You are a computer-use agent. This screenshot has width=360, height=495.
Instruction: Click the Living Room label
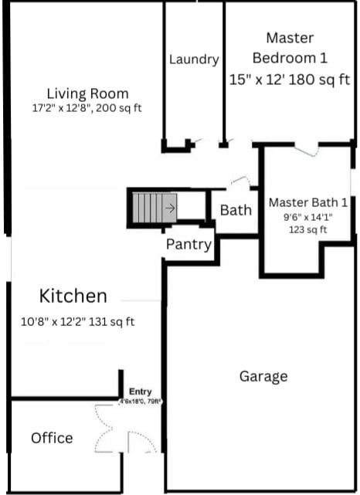pyautogui.click(x=87, y=93)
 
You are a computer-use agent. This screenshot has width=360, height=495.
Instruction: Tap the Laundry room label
pyautogui.click(x=194, y=59)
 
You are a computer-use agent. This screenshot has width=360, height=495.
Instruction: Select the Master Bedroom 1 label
pyautogui.click(x=290, y=47)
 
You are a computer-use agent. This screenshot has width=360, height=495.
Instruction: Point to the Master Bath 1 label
pyautogui.click(x=307, y=202)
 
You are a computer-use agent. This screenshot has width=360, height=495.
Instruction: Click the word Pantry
pyautogui.click(x=188, y=245)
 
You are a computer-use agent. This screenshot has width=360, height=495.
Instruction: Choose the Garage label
pyautogui.click(x=263, y=376)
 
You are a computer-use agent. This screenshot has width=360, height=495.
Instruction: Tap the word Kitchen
pyautogui.click(x=73, y=296)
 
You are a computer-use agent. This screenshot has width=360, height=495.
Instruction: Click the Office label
pyautogui.click(x=52, y=438)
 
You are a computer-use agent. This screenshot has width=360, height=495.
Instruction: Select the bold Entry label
pyautogui.click(x=141, y=392)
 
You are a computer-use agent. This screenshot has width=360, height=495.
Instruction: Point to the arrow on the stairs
pyautogui.click(x=170, y=207)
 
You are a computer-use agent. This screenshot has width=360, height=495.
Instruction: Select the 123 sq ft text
pyautogui.click(x=307, y=229)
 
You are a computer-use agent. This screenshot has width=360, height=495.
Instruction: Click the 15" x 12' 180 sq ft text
pyautogui.click(x=290, y=79)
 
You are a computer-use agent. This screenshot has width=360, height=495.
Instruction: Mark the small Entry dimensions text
pyautogui.click(x=141, y=402)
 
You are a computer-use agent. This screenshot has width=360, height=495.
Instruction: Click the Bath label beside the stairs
pyautogui.click(x=236, y=210)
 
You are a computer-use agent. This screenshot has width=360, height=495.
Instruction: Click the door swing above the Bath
pyautogui.click(x=240, y=182)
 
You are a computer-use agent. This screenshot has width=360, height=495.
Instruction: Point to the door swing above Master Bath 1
pyautogui.click(x=306, y=150)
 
